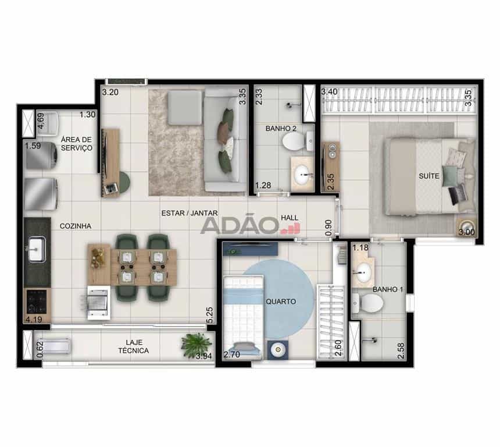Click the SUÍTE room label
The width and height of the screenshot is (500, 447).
[429, 176]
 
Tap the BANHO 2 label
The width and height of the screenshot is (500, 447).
[281, 129]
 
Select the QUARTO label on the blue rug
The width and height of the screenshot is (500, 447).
[281, 301]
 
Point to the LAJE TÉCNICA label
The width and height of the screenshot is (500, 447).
[133, 346]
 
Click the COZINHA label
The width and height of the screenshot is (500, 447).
[76, 226]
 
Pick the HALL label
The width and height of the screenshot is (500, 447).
[290, 218]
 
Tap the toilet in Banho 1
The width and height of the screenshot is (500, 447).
[367, 303]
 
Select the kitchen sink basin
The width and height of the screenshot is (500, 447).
[37, 249]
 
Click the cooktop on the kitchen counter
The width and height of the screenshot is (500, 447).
[37, 301]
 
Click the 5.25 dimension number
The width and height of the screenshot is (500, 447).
[209, 315]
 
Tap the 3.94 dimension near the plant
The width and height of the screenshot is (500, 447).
[203, 356]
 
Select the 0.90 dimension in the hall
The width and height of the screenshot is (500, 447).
[328, 228]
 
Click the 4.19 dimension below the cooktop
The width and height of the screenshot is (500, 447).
[34, 320]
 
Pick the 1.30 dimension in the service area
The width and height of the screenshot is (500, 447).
[87, 114]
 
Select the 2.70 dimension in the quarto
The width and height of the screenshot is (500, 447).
[232, 354]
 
